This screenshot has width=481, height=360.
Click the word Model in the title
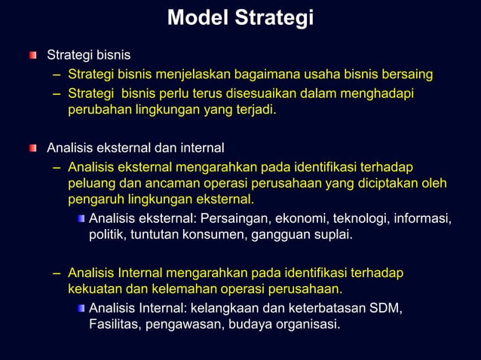(x=198, y=17)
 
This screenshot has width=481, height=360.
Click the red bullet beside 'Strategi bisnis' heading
(x=32, y=55)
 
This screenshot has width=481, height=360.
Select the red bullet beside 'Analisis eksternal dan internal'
(x=32, y=147)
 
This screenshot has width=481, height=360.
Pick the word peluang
(x=90, y=183)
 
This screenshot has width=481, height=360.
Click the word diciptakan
(x=384, y=183)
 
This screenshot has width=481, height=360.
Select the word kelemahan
(x=178, y=288)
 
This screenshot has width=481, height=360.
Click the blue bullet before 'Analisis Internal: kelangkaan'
(x=80, y=309)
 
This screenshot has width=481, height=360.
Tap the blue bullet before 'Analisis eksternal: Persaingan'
(x=80, y=218)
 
